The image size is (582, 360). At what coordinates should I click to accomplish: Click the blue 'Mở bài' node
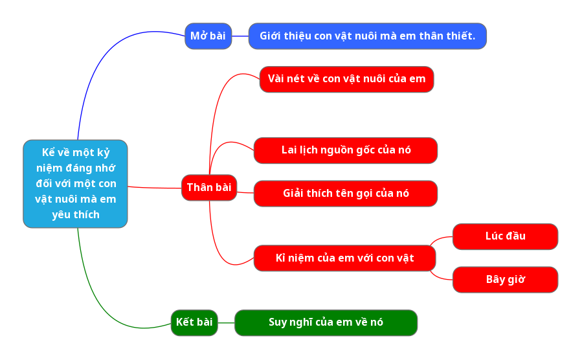pyautogui.click(x=208, y=36)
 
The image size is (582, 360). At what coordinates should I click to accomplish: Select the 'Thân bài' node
pyautogui.click(x=209, y=188)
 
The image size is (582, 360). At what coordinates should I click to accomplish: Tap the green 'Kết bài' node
pyautogui.click(x=194, y=322)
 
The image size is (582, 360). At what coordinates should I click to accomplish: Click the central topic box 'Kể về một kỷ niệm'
pyautogui.click(x=75, y=184)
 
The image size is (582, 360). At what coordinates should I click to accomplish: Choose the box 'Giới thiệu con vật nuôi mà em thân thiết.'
pyautogui.click(x=367, y=36)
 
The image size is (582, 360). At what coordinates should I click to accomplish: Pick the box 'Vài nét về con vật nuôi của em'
pyautogui.click(x=346, y=79)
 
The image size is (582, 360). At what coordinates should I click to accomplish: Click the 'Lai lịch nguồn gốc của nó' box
pyautogui.click(x=346, y=150)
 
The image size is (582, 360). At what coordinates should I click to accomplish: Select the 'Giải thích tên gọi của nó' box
pyautogui.click(x=346, y=194)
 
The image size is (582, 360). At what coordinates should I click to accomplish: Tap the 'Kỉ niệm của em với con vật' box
pyautogui.click(x=344, y=258)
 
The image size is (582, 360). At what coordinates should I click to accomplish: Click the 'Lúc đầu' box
pyautogui.click(x=505, y=236)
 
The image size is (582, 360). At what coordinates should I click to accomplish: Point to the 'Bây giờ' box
pyautogui.click(x=505, y=280)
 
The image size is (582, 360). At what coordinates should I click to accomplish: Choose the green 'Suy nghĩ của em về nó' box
pyautogui.click(x=326, y=322)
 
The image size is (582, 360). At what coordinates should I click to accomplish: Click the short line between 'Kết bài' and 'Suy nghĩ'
pyautogui.click(x=226, y=322)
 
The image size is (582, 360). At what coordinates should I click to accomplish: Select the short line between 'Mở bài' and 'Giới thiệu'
pyautogui.click(x=240, y=36)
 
